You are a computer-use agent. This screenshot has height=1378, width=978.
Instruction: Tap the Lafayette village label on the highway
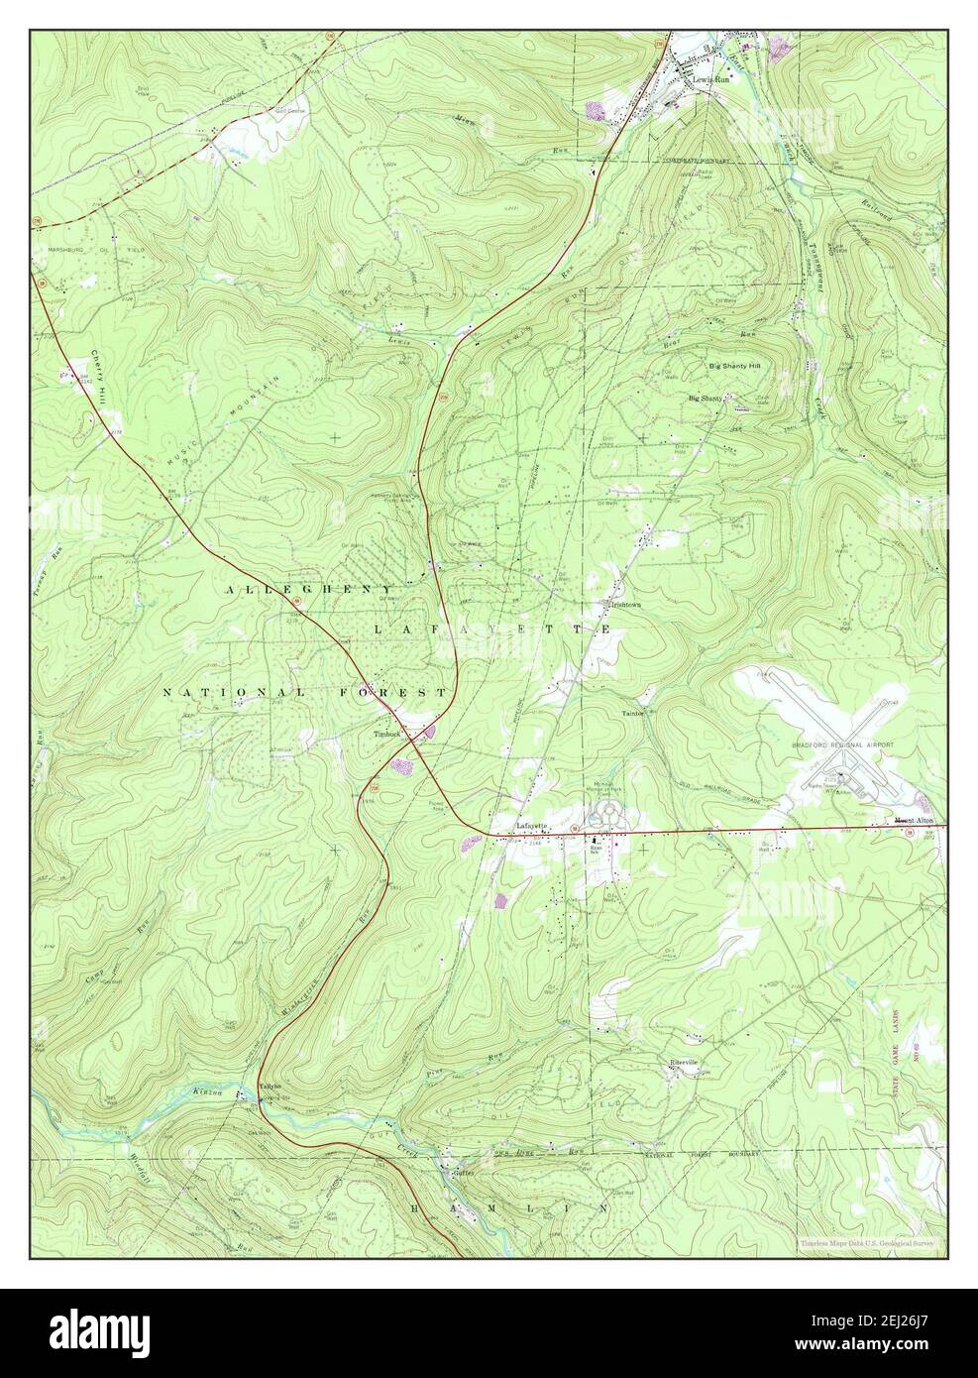[531, 825]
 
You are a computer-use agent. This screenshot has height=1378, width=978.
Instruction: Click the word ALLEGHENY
[309, 590]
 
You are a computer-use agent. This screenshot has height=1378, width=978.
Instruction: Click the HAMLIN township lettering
[508, 1208]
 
